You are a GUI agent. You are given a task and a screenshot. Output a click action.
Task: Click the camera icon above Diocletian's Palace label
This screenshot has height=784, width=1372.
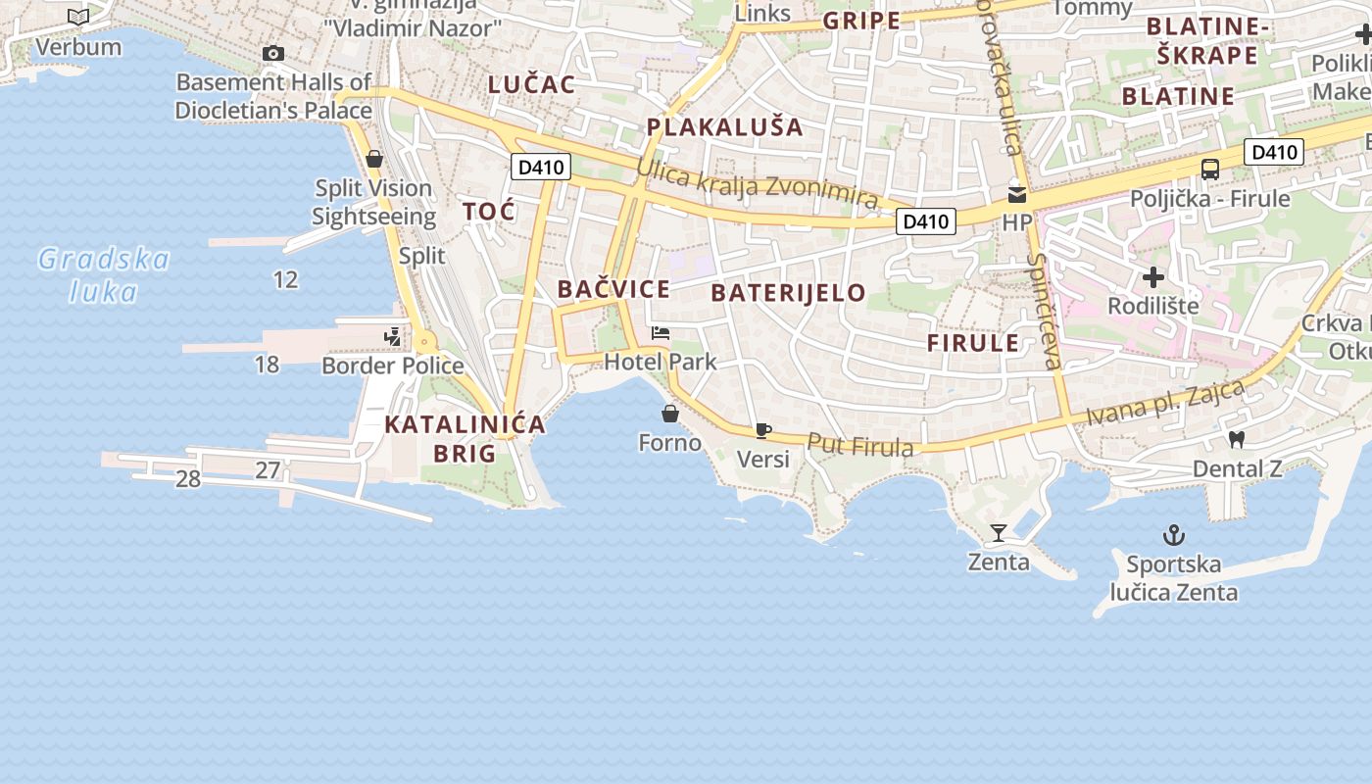click(x=273, y=54)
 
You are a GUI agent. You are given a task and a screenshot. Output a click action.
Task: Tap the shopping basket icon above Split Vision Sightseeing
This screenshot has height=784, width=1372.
click(x=373, y=159)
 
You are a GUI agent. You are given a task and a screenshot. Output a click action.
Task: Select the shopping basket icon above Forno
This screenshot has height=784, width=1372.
click(x=670, y=414)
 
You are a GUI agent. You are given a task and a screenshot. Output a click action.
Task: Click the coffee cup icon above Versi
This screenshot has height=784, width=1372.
click(x=763, y=430)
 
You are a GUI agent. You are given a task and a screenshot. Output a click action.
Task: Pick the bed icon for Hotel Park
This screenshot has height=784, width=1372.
click(x=661, y=333)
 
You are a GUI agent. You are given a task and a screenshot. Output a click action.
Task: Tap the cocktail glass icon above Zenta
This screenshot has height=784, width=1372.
click(x=999, y=533)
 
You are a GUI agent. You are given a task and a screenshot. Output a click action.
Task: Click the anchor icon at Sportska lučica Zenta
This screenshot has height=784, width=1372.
click(x=1173, y=535)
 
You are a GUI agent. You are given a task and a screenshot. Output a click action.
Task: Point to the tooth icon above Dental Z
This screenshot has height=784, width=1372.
click(x=1237, y=440)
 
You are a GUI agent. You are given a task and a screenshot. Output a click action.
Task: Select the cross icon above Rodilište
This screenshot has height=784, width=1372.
click(x=1153, y=276)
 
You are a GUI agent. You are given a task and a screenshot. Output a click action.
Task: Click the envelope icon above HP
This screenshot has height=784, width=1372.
click(x=1017, y=194)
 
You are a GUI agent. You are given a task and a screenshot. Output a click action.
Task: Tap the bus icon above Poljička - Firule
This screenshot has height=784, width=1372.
click(x=1210, y=169)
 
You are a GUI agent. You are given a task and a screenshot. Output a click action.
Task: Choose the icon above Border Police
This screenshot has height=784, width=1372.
click(x=393, y=337)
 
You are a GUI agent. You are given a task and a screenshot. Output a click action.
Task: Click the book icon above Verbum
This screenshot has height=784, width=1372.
click(x=78, y=18)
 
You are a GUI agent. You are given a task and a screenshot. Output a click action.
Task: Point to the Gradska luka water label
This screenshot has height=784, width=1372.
click(x=103, y=275)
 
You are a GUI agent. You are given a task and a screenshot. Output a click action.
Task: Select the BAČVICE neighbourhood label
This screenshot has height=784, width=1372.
click(x=613, y=289)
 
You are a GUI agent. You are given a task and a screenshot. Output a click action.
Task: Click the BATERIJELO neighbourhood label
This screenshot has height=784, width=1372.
click(x=788, y=292)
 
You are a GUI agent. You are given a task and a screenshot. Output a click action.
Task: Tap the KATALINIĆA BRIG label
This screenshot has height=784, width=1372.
click(x=465, y=439)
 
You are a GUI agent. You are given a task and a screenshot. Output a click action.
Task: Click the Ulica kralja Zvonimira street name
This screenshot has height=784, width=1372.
click(x=757, y=182)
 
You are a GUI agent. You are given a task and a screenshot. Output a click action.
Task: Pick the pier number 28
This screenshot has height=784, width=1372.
click(x=187, y=479)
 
